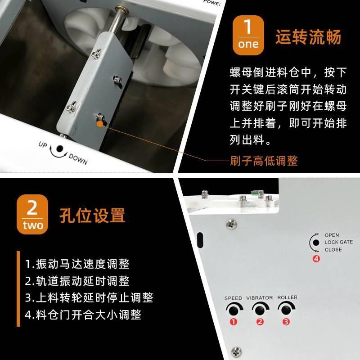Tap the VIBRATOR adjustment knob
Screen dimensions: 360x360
coord(259,310)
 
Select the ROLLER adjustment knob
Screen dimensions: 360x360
coord(285,310)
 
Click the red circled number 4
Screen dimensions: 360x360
coord(316,259)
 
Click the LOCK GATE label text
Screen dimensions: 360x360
coord(338,242)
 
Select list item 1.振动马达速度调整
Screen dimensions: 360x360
coord(77,264)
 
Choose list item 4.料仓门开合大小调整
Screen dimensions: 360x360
coord(83,314)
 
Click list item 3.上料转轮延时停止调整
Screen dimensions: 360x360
coord(89,297)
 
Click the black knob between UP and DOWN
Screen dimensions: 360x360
coord(59,149)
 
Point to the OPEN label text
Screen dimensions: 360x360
coord(332,235)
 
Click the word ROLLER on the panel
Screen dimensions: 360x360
coord(287,298)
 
